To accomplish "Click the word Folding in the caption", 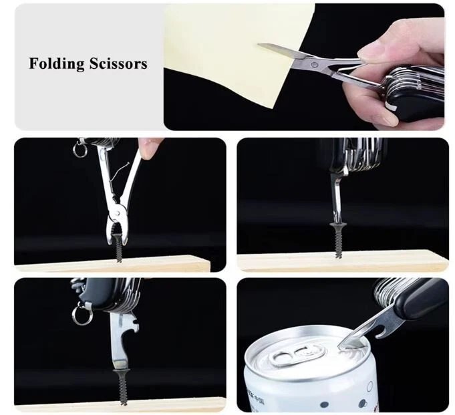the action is point(57,64).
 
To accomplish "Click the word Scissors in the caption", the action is point(118,63).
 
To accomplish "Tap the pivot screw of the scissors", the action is point(313,64).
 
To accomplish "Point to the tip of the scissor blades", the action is point(259,44).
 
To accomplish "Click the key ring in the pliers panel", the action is point(80,149).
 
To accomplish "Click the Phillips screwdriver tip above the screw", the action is point(337,215).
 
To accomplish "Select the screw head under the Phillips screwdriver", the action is point(337,225).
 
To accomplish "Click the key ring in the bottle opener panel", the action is point(80,315).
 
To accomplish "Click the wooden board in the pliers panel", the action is point(113,263).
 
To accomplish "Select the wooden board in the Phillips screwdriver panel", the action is point(342,262).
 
